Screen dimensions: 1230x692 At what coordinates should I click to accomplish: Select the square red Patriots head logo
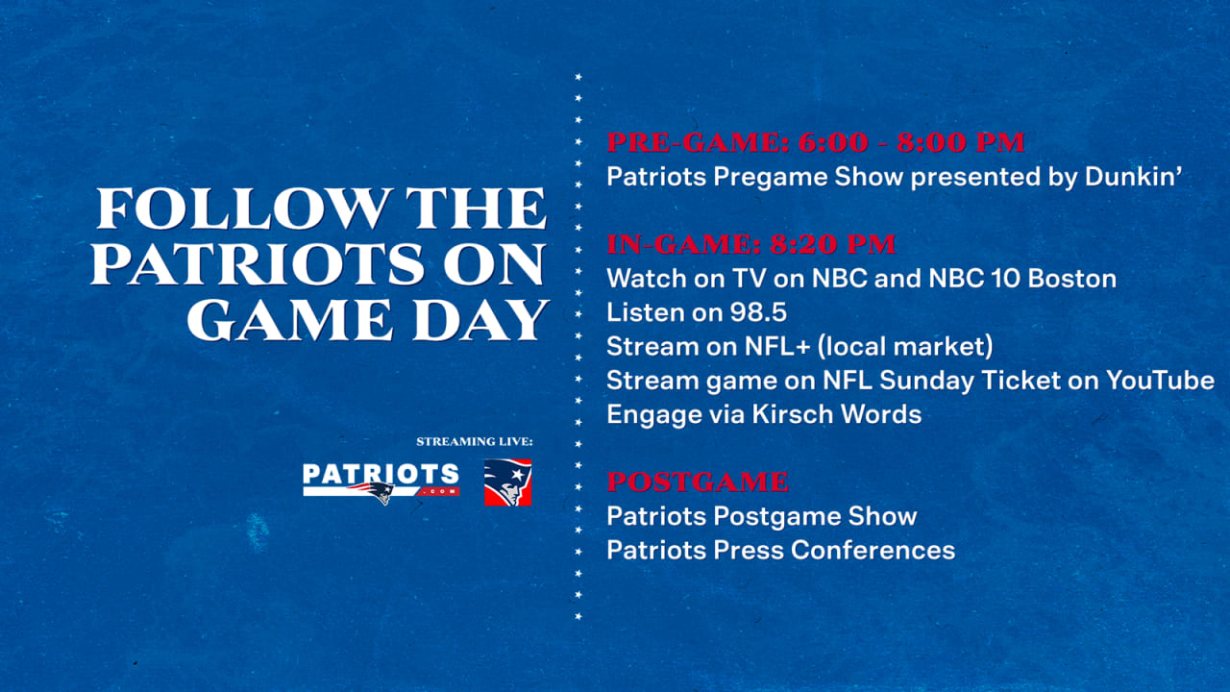[507, 482]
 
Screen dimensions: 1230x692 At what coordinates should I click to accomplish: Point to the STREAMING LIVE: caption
[475, 441]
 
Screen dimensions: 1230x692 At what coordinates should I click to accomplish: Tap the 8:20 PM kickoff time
[832, 244]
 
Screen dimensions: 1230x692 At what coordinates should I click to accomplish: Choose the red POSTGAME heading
[698, 482]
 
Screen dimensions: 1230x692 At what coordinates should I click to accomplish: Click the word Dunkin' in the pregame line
[1133, 177]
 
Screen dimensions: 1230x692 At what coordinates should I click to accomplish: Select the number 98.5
[758, 313]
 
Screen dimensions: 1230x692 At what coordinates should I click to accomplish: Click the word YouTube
[1160, 381]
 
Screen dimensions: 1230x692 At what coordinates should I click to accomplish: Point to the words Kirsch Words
[837, 414]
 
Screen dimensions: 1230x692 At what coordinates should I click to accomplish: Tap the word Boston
[1072, 279]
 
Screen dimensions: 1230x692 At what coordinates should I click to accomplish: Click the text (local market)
[905, 347]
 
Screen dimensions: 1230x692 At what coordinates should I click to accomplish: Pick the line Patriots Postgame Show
[762, 517]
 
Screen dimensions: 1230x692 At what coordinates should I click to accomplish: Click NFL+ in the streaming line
[777, 347]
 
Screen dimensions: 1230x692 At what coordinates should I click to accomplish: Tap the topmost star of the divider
[578, 77]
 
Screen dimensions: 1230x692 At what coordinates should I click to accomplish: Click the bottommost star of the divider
[578, 617]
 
